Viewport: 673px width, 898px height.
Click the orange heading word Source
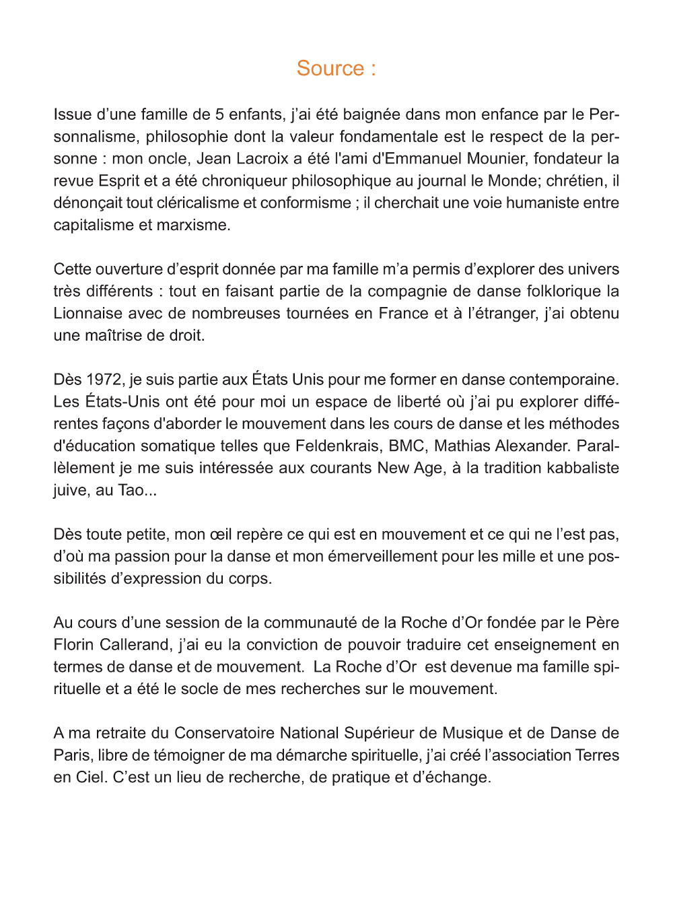(x=330, y=69)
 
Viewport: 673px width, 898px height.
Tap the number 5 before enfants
(x=219, y=114)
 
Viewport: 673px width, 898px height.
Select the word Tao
(x=131, y=491)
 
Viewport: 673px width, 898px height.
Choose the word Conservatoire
(x=224, y=734)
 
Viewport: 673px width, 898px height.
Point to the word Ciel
(x=90, y=778)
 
